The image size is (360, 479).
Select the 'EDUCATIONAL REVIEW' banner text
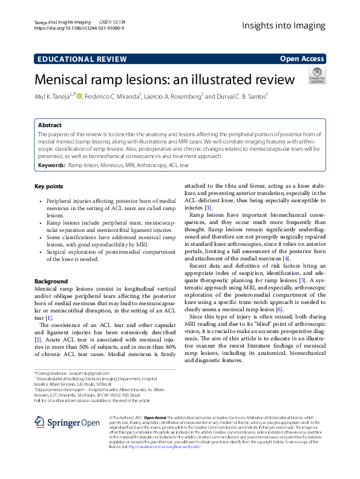click(x=76, y=59)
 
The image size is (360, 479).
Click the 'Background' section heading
click(x=51, y=282)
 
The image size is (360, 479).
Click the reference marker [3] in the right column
click(x=208, y=208)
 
